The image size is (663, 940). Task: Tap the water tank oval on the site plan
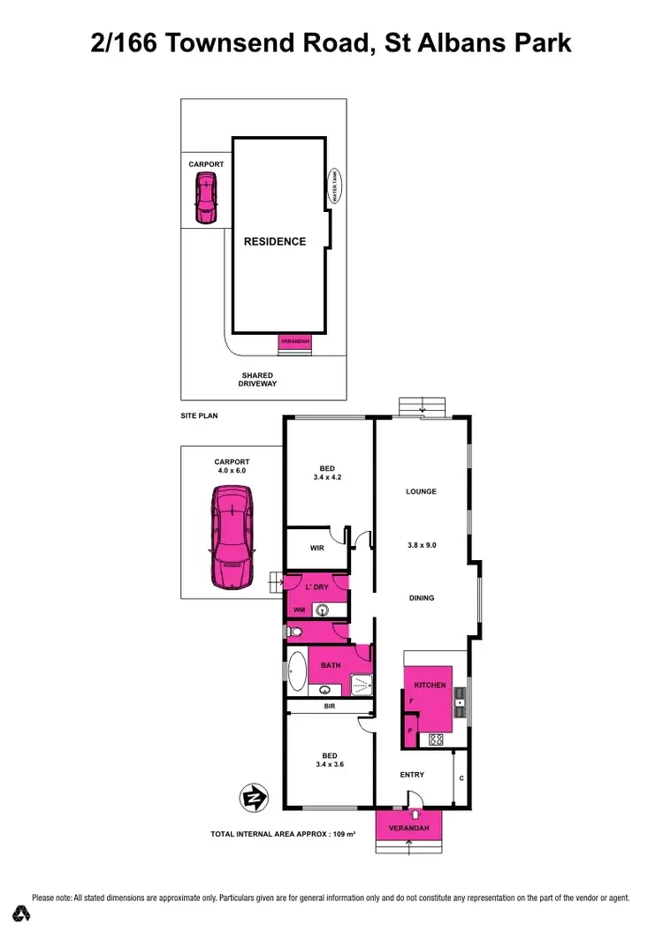click(x=334, y=187)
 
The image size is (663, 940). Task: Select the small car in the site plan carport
click(x=205, y=197)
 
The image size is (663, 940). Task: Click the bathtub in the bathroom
click(x=297, y=672)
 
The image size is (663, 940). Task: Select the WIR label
click(x=316, y=548)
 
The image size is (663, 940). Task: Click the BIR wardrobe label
click(x=329, y=707)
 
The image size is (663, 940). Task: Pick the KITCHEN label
click(x=430, y=686)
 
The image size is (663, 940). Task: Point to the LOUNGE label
click(x=421, y=491)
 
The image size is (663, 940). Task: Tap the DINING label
click(x=422, y=598)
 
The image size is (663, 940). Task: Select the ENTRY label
click(x=412, y=775)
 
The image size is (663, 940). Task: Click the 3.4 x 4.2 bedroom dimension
click(x=327, y=478)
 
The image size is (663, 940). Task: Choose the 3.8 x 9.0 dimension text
click(x=421, y=545)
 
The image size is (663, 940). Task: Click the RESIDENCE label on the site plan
click(x=275, y=241)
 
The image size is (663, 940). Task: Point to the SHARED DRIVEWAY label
click(x=257, y=380)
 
